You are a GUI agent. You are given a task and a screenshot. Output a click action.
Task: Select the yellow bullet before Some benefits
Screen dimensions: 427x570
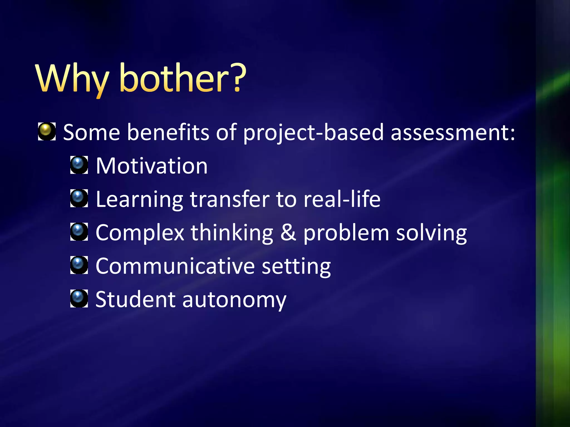(46, 131)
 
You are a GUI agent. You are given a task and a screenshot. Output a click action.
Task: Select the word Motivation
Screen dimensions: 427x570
(152, 166)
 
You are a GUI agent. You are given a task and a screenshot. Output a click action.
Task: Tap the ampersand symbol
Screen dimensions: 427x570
(288, 232)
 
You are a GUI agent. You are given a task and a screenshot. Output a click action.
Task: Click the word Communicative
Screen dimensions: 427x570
(175, 266)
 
